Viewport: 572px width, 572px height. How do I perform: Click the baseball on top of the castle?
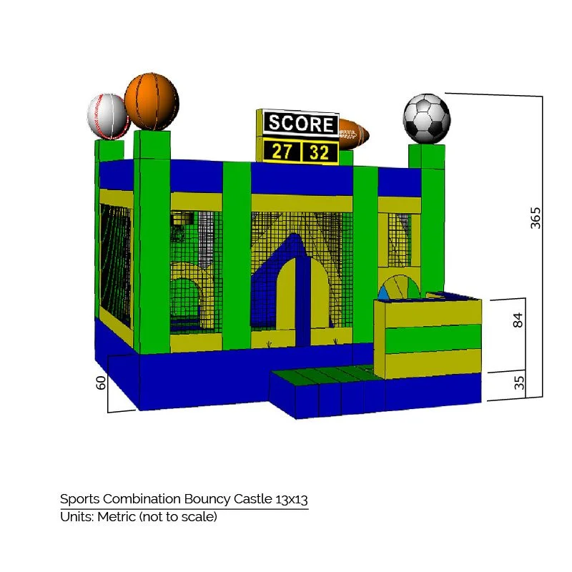pyautogui.click(x=108, y=115)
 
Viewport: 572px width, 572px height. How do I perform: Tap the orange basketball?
pyautogui.click(x=151, y=101)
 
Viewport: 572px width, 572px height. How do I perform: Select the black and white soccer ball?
pyautogui.click(x=427, y=118)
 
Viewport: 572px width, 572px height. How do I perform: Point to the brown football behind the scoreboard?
pyautogui.click(x=353, y=134)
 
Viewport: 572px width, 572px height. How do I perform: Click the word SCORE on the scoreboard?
pyautogui.click(x=300, y=124)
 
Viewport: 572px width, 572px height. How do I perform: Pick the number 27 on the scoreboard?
pyautogui.click(x=282, y=152)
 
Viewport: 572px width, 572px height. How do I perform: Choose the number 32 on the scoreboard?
pyautogui.click(x=320, y=152)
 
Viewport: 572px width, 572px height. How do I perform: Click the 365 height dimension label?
pyautogui.click(x=536, y=217)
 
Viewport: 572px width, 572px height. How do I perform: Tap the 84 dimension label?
pyautogui.click(x=518, y=320)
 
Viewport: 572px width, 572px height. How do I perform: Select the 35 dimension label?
pyautogui.click(x=519, y=383)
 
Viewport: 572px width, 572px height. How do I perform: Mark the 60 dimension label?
pyautogui.click(x=102, y=383)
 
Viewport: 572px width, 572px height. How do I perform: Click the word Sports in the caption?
pyautogui.click(x=80, y=499)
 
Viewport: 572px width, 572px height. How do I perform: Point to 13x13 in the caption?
pyautogui.click(x=295, y=498)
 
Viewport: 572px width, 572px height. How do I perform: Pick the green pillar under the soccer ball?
pyautogui.click(x=431, y=214)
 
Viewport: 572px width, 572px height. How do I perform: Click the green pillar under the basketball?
pyautogui.click(x=151, y=236)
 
